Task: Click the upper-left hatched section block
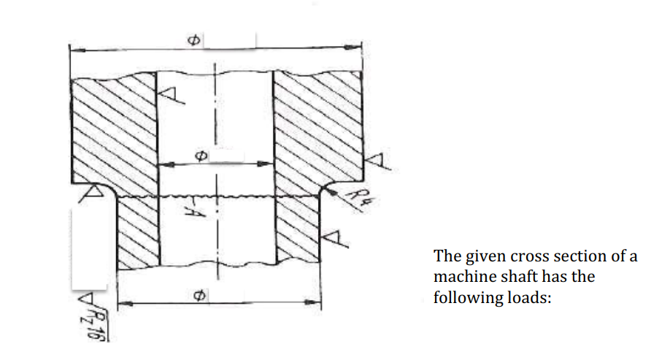click(x=113, y=128)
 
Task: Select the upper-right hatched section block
click(x=317, y=128)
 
